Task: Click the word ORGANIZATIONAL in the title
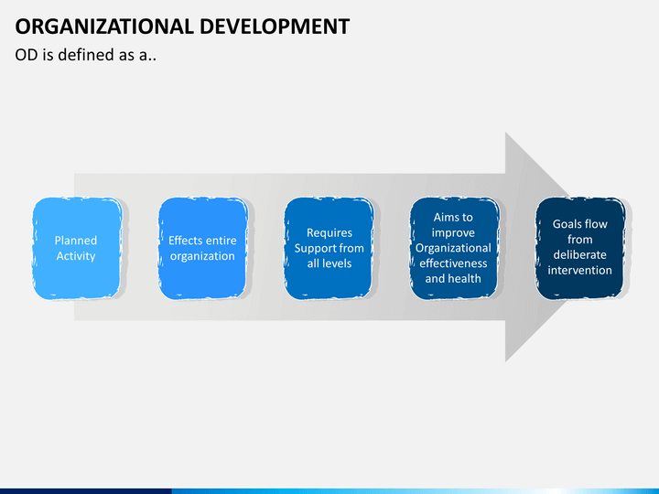pos(104,27)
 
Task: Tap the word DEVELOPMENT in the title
pos(275,27)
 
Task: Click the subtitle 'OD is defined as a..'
pos(86,55)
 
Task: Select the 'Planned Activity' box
pos(77,248)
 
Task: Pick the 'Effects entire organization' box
pos(203,248)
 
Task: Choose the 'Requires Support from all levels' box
pos(329,248)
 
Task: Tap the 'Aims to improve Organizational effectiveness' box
pos(454,248)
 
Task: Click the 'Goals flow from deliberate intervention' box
pos(580,248)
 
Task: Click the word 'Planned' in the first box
pos(76,241)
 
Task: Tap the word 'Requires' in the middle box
pos(329,233)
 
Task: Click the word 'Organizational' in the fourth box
pos(453,248)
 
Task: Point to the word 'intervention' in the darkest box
pos(580,270)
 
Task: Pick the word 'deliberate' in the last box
pos(580,254)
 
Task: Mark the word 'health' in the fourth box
pos(467,278)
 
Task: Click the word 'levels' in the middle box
pos(340,263)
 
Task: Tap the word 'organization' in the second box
pos(202,256)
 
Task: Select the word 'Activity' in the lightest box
pos(76,256)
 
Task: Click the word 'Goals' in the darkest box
pos(566,224)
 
